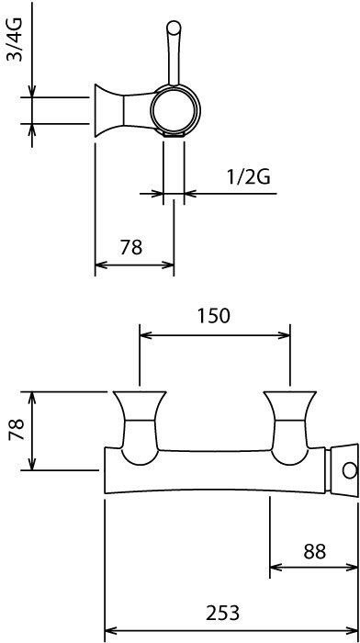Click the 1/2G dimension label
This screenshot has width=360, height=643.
click(x=249, y=177)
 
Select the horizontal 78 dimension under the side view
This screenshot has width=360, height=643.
click(x=131, y=247)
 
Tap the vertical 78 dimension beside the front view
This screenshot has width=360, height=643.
click(x=17, y=429)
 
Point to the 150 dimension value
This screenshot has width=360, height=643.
click(x=214, y=316)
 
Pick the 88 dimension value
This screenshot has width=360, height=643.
click(x=314, y=551)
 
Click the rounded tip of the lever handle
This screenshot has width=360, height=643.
click(x=174, y=27)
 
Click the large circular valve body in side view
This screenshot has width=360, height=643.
click(x=175, y=110)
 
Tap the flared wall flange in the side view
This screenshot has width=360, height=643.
click(x=109, y=111)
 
